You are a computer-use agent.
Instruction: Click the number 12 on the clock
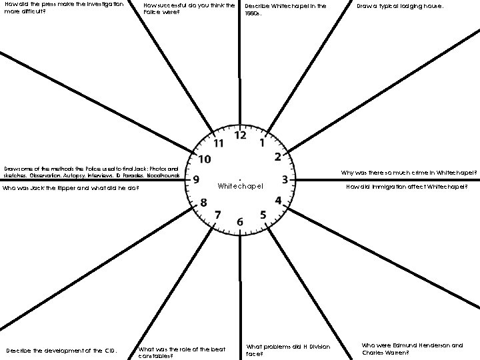[x=240, y=135]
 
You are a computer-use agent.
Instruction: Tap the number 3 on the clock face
[x=285, y=179]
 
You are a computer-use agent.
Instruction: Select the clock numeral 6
[x=240, y=221]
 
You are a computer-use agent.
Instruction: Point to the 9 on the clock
[x=196, y=179]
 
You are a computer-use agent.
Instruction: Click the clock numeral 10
[x=205, y=159]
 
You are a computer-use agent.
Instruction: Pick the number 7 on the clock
[x=218, y=214]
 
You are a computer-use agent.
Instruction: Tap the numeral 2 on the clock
[x=277, y=157]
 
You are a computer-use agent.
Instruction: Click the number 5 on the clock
[x=263, y=214]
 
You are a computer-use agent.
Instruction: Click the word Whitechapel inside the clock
[x=240, y=185]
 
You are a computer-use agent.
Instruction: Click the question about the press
[x=63, y=8]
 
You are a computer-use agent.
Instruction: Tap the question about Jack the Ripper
[x=71, y=188]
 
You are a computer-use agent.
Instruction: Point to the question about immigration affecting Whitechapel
[x=411, y=187]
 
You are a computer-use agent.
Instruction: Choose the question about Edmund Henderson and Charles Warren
[x=412, y=349]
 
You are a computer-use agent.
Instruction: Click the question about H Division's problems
[x=288, y=350]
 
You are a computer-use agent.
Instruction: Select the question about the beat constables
[x=181, y=353]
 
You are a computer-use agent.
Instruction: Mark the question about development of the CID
[x=61, y=351]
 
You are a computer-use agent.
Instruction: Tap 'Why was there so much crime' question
[x=409, y=173]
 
